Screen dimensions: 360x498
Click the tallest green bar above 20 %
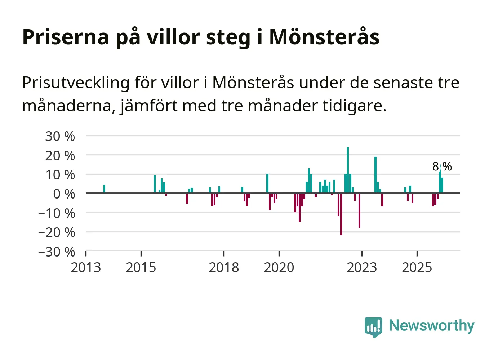click(348, 169)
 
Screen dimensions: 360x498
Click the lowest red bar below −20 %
click(341, 214)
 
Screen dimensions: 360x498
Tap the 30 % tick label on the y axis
click(60, 136)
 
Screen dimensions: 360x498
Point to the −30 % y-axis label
click(57, 252)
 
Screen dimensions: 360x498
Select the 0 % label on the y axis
click(64, 194)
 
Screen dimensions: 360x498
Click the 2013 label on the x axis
click(86, 267)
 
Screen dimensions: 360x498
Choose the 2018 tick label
click(224, 267)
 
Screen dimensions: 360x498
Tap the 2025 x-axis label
click(417, 267)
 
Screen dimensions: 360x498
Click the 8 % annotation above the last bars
click(442, 166)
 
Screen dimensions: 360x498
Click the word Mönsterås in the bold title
click(324, 37)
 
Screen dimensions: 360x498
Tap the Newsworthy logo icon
click(373, 327)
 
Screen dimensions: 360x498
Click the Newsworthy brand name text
click(431, 325)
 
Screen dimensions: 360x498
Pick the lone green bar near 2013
click(104, 189)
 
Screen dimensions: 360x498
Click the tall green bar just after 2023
click(375, 175)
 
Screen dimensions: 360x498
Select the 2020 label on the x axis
click(279, 267)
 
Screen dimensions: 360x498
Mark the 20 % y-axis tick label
click(60, 156)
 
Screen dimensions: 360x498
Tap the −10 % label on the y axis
click(57, 213)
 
